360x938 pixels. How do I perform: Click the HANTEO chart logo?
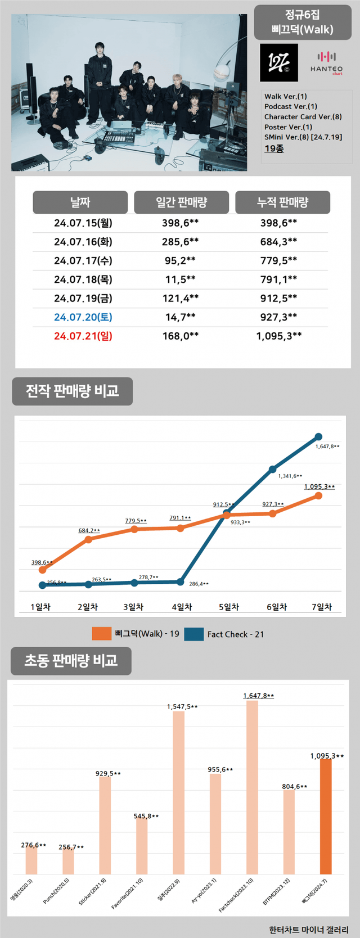coord(326,63)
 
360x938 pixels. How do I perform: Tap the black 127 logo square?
coord(279,63)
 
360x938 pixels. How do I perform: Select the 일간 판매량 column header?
coord(181,202)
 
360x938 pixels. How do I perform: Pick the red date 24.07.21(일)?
coord(83,336)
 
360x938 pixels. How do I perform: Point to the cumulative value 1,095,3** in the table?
coord(279,336)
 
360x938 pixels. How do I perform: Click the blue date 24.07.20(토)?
coord(83,317)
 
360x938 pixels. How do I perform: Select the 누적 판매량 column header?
coord(282,202)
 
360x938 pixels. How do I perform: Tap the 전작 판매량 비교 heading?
coord(73,391)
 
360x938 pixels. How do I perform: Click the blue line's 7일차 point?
coord(318,437)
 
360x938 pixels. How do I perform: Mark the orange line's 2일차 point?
coord(88,540)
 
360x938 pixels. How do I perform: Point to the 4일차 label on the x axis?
coord(182,607)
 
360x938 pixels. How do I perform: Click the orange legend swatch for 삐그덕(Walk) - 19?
coord(102,634)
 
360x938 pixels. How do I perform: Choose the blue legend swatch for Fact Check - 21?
coord(193,634)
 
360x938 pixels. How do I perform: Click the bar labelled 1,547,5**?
coord(178,793)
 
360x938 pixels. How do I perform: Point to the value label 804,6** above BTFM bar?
coord(295,786)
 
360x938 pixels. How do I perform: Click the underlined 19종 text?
coord(274,148)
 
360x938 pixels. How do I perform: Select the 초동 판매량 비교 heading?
coord(71,661)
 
